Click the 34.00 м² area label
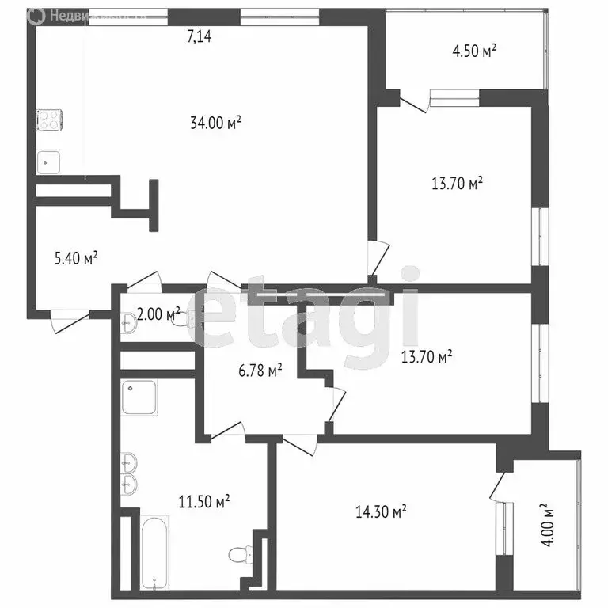pos(215,123)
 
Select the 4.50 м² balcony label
pos(474,52)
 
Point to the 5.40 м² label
pos(76,257)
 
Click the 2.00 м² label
pos(158,314)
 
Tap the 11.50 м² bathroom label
pos(203,501)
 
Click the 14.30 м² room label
pos(380,511)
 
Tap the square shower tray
pos(139,397)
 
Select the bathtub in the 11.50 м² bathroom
pos(155,553)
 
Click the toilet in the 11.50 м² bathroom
pos(238,554)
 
